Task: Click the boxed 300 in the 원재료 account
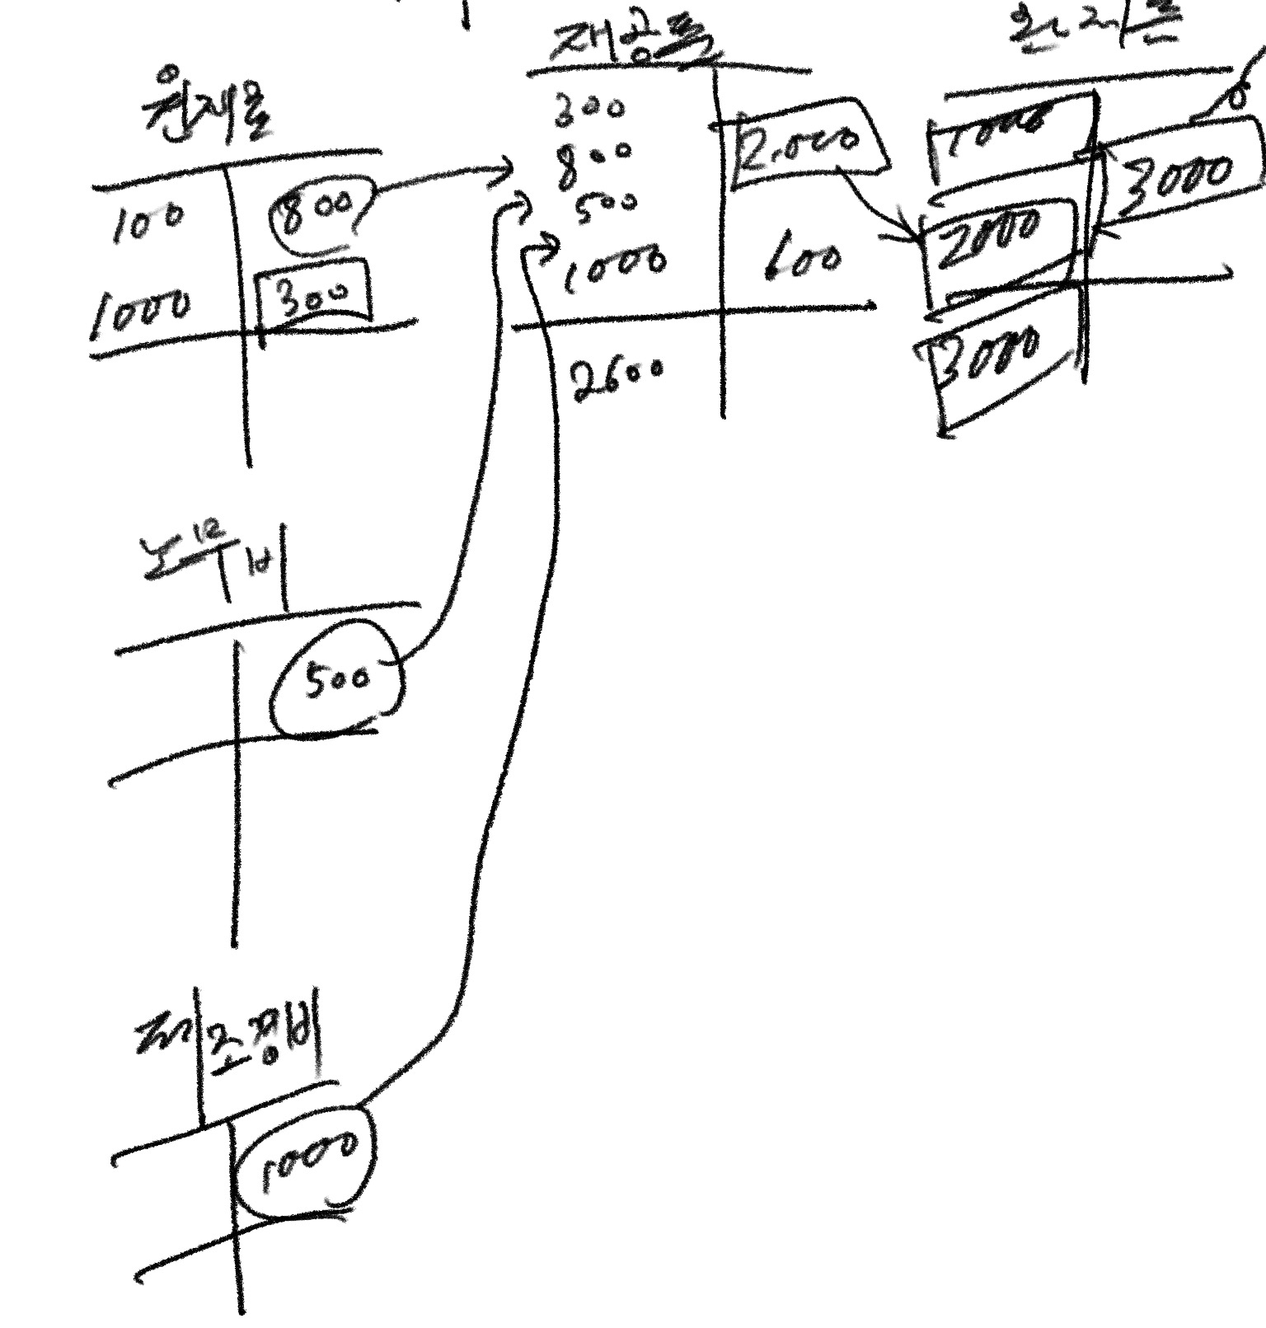click(x=312, y=290)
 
